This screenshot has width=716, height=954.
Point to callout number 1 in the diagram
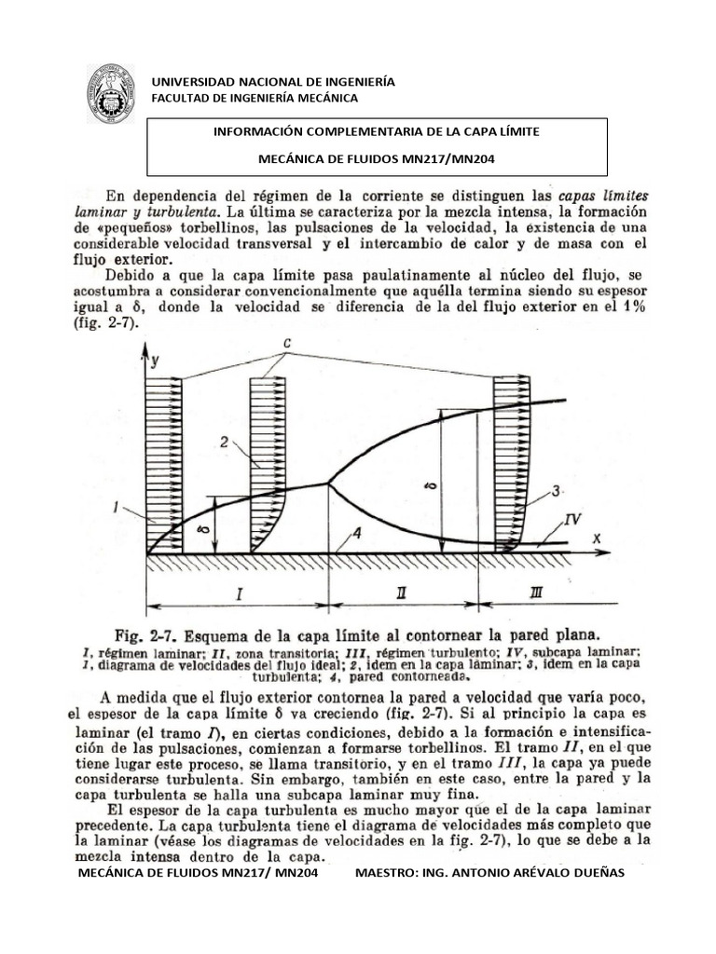coord(114,507)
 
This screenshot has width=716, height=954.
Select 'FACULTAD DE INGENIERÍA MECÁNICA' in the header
coord(249,99)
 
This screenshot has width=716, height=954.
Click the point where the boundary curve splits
coord(328,483)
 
